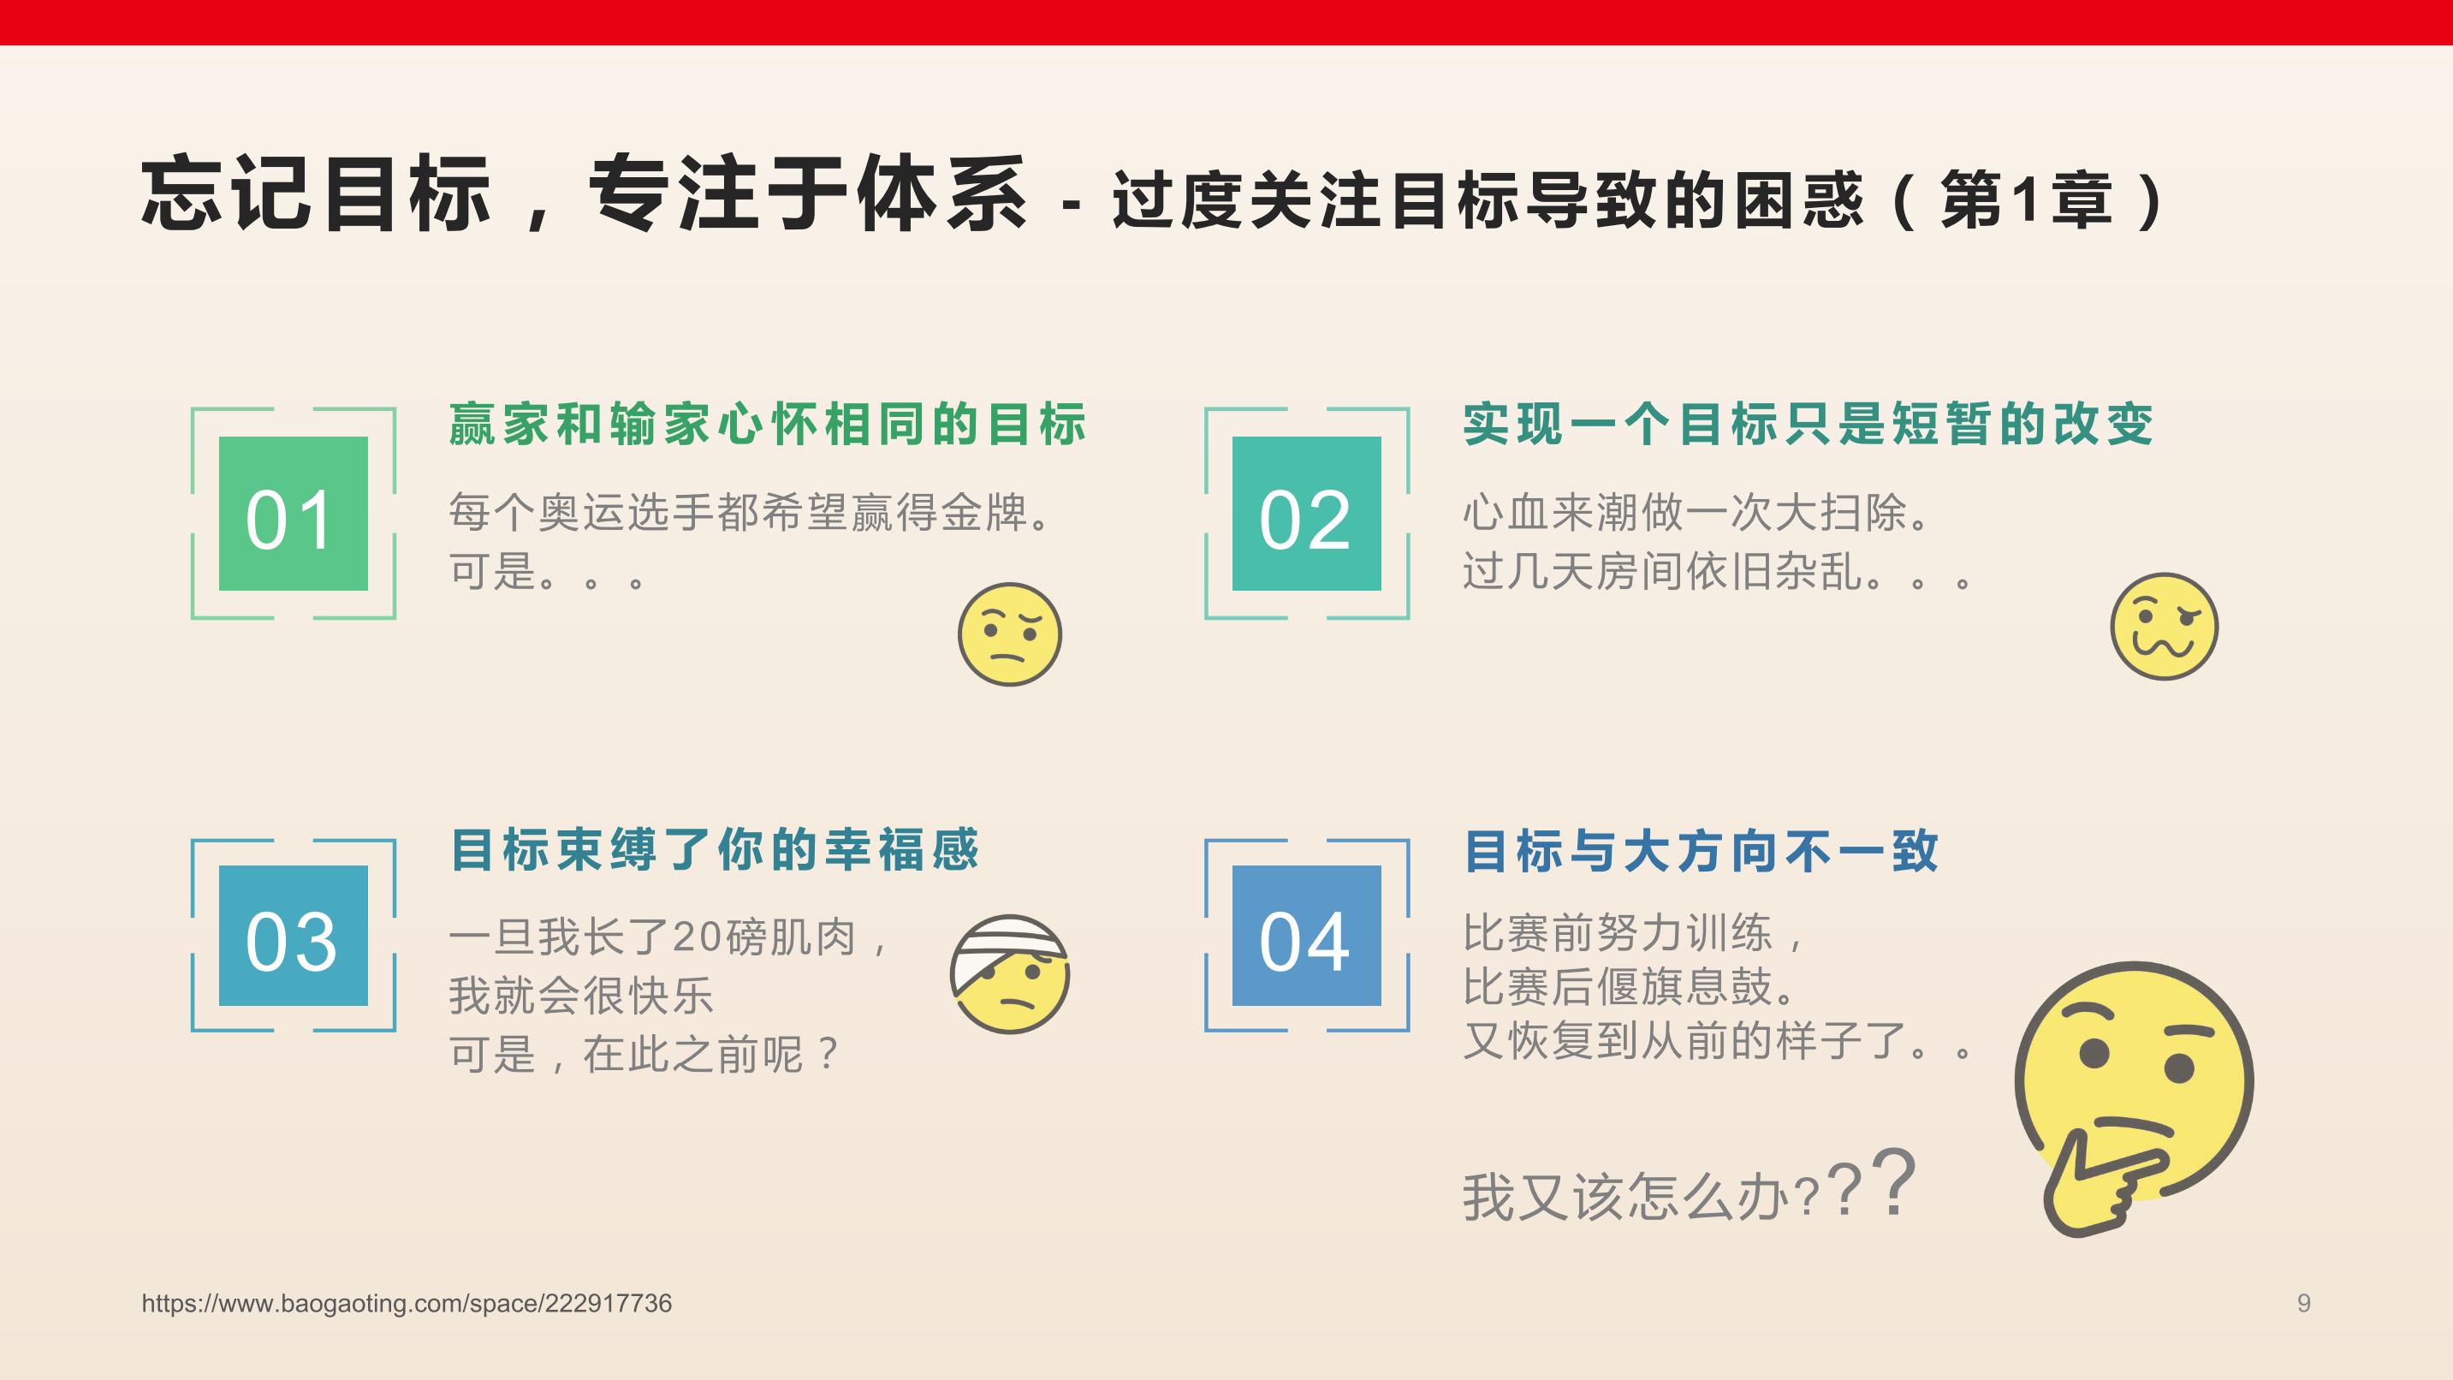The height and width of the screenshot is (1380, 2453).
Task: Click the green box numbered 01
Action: [x=294, y=514]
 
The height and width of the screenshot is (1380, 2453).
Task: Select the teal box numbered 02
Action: [x=1306, y=514]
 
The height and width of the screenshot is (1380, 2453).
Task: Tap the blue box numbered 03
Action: [x=294, y=935]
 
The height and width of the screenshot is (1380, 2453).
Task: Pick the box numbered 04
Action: [x=1306, y=935]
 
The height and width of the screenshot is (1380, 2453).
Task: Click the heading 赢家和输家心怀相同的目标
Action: [x=768, y=424]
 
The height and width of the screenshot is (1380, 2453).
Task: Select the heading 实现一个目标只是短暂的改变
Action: [x=1809, y=424]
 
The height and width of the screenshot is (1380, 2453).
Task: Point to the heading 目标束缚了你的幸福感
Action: [x=714, y=849]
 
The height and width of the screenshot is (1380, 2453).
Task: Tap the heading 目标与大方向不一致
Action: [x=1701, y=850]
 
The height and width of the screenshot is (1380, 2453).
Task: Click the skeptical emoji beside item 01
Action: [x=1009, y=634]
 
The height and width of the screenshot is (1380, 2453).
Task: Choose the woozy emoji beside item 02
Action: [x=2164, y=627]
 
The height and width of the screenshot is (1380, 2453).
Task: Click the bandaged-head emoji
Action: [x=1009, y=974]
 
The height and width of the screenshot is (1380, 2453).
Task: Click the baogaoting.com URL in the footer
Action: [x=407, y=1303]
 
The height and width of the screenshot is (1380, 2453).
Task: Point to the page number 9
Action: [x=2303, y=1303]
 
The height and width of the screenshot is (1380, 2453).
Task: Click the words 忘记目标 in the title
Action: [x=316, y=193]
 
